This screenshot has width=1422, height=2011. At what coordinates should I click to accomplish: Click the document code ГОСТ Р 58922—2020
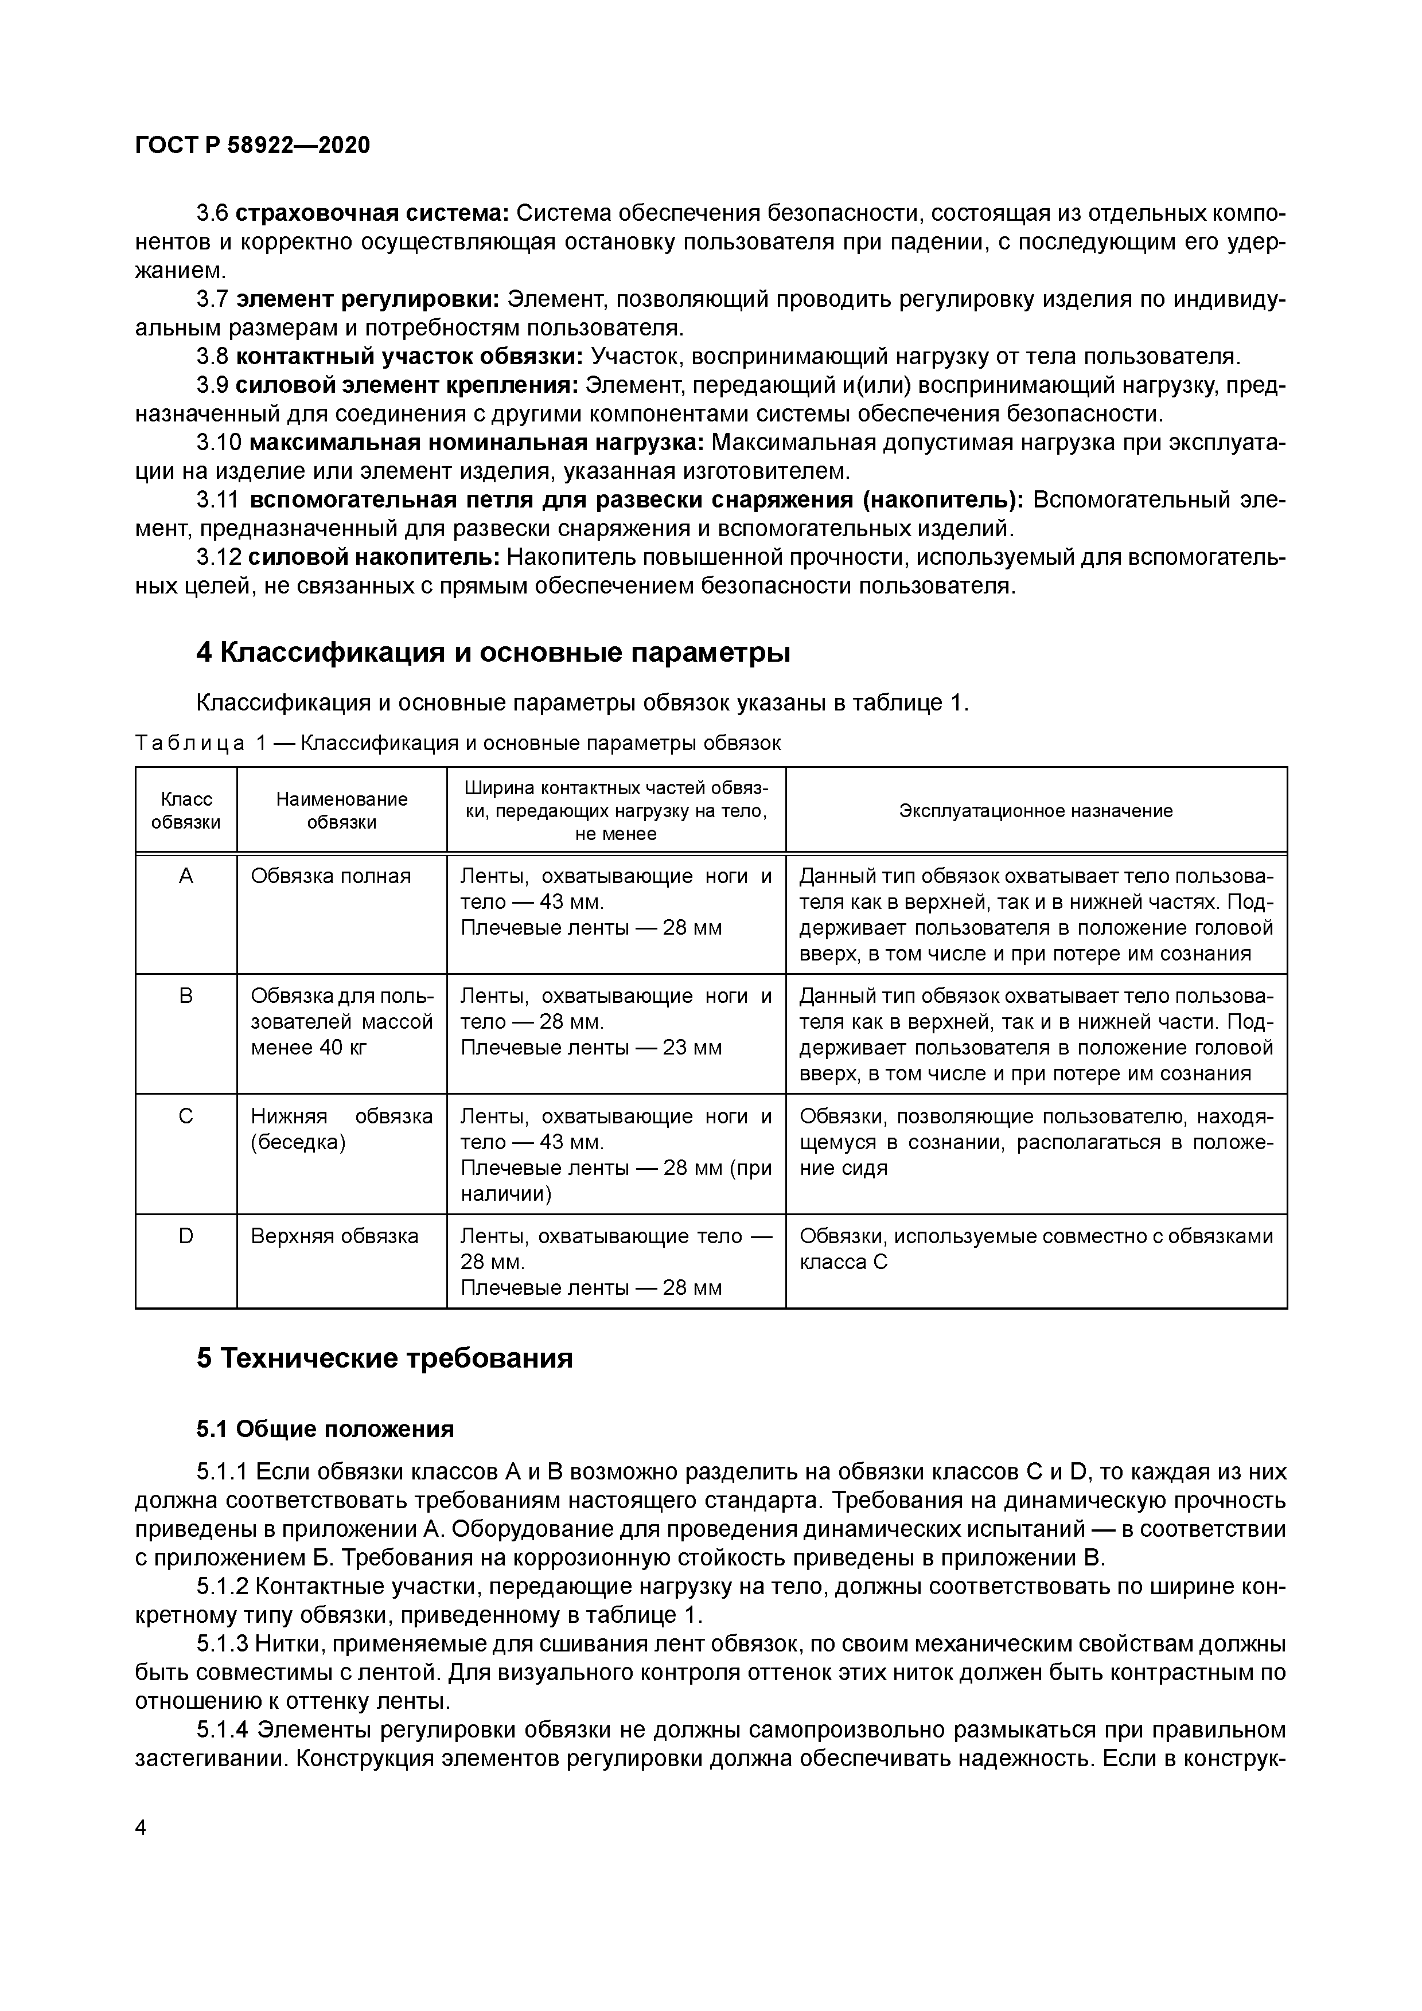point(252,146)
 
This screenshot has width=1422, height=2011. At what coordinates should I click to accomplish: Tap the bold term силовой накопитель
point(373,556)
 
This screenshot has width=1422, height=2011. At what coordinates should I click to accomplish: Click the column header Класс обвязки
point(186,810)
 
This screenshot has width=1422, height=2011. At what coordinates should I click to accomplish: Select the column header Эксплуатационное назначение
point(1035,810)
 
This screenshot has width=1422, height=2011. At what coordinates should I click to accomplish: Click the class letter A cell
point(186,876)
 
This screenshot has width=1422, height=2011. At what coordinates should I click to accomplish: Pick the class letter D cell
point(186,1236)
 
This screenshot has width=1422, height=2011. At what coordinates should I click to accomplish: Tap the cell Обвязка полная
point(330,876)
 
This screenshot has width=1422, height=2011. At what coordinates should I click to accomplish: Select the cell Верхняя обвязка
point(334,1236)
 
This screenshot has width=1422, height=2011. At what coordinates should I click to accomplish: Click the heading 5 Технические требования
point(385,1358)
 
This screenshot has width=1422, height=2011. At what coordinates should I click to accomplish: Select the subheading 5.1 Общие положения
point(325,1428)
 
